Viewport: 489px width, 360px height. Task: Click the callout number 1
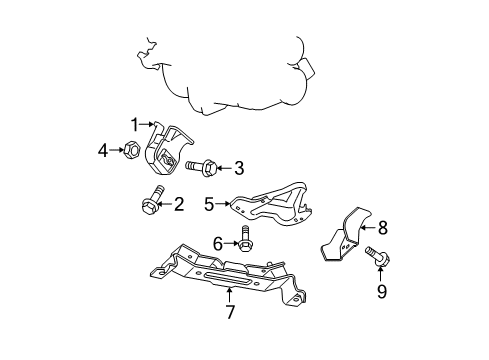(134, 123)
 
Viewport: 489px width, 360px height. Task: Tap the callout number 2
(179, 205)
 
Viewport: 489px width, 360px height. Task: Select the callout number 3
(239, 167)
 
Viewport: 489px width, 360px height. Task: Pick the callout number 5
(210, 204)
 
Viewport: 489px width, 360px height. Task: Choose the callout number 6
(217, 242)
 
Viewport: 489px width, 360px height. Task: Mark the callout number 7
(229, 313)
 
